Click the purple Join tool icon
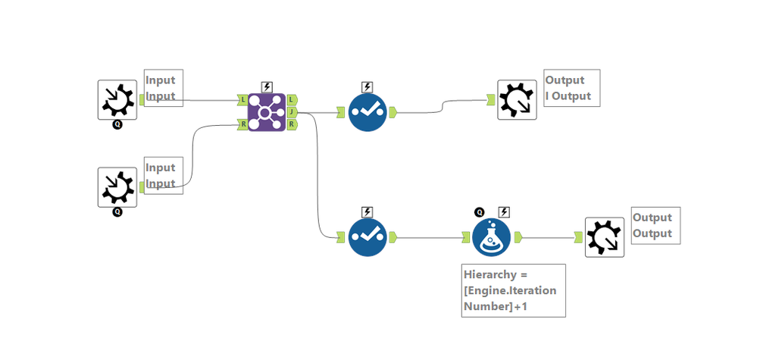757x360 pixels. tap(267, 111)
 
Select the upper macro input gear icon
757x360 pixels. tap(117, 99)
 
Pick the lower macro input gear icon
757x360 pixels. tap(117, 186)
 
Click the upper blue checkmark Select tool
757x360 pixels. tap(368, 112)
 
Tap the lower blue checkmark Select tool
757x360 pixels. tap(368, 236)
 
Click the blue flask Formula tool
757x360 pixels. tap(491, 236)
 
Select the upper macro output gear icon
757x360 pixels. tap(517, 99)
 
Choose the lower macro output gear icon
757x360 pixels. tap(605, 237)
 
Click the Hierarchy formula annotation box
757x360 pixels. tap(514, 290)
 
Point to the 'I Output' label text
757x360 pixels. tap(568, 97)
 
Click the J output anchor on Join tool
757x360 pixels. tap(292, 112)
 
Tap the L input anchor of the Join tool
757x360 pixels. tap(242, 99)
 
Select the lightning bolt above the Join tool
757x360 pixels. tap(267, 86)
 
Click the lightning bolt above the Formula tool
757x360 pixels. tap(505, 211)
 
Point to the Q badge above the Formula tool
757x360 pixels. tap(480, 211)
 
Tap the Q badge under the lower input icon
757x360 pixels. tap(117, 212)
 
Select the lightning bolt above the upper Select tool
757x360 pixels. tap(368, 86)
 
